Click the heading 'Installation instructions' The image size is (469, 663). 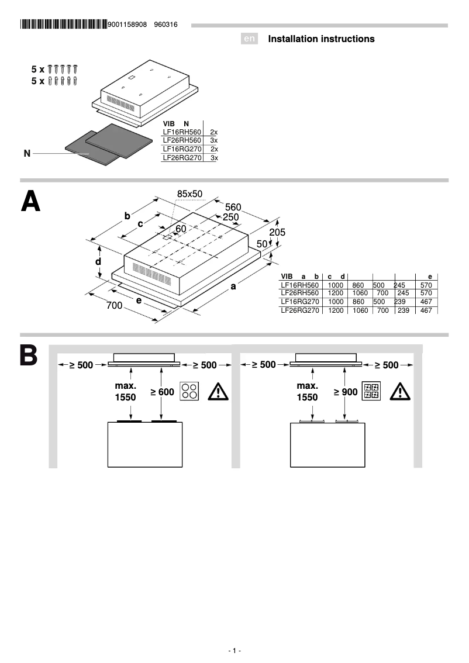coord(321,39)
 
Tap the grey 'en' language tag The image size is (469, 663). coord(249,39)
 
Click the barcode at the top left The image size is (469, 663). coord(64,25)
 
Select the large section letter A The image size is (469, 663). coord(30,201)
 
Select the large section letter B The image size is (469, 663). coord(29,357)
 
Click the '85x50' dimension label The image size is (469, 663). coord(189,194)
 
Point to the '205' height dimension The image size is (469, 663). coord(278,232)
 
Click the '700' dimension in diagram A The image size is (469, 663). coord(114,306)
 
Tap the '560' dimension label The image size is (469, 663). coord(233,207)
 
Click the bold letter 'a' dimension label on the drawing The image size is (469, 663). coord(233,286)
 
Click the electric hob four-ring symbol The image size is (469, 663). coord(189,391)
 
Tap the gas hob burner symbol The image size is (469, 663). coord(371,391)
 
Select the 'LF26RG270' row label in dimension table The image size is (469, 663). coord(299,310)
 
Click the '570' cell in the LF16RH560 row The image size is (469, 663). coord(426,285)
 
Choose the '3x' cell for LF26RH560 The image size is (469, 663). coord(213,141)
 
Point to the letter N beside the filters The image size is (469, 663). coord(27,153)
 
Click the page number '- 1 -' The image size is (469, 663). coord(235,651)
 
